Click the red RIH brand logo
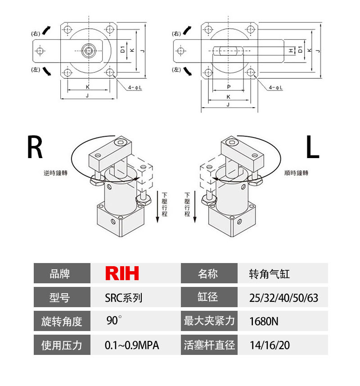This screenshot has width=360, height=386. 122,273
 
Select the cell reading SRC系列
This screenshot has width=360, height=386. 123,297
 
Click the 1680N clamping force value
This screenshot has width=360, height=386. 264,322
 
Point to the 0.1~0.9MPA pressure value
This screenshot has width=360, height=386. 132,345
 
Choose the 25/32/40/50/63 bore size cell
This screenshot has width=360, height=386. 283,298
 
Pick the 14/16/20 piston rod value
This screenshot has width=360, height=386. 270,345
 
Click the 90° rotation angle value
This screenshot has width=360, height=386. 114,321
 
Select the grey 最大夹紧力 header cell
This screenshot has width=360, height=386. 209,321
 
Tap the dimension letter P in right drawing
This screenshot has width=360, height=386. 229,87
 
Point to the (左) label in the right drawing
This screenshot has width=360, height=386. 177,69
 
